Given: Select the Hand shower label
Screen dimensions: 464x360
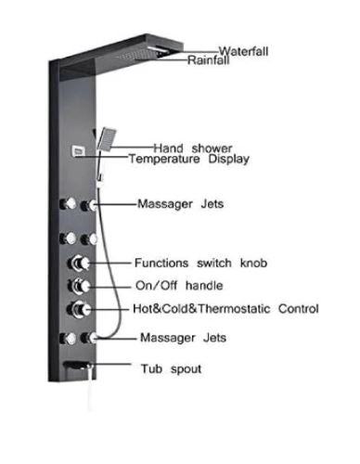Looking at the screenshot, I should pos(193,148).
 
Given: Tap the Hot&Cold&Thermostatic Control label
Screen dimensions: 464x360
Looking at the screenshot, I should pos(226,308).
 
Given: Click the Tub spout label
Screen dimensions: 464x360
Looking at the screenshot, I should pos(171,368).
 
